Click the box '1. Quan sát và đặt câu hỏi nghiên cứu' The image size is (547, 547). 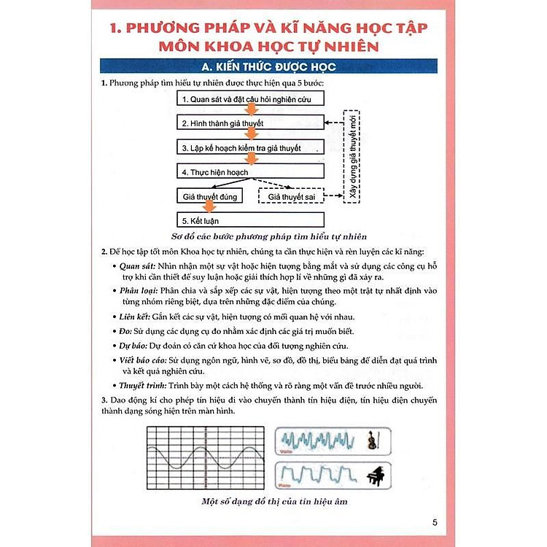(x=250, y=98)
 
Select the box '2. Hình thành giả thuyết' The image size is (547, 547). (x=250, y=123)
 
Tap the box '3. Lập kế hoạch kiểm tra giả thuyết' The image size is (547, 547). (x=250, y=147)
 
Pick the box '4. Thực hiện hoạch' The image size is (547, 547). (x=250, y=172)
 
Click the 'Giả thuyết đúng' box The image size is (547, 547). (x=209, y=197)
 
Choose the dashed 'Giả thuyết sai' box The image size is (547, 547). (x=290, y=197)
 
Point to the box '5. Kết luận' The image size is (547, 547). (x=250, y=220)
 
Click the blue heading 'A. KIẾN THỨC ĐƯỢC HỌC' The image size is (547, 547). (x=273, y=67)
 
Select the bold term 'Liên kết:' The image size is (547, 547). (x=135, y=317)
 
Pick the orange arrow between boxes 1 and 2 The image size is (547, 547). (x=250, y=111)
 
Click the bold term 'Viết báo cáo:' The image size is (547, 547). (x=144, y=360)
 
